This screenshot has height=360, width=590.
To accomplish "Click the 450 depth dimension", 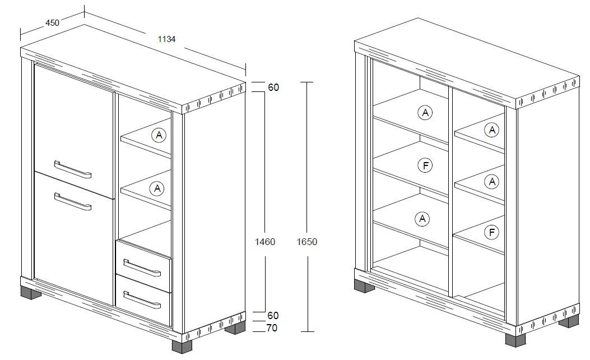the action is pos(52,23).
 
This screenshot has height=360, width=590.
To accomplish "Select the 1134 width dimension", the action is pos(166,39).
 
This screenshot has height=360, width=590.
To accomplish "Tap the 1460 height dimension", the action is pos(265,242).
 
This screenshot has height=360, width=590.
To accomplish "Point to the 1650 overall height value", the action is pos(306,242).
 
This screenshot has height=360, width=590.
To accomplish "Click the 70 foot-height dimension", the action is pos(272,328).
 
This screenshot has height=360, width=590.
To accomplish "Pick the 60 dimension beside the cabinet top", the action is pos(273,87).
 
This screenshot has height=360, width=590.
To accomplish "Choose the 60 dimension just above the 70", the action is pos(273,316).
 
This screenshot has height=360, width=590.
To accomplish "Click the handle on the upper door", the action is pos(73,169).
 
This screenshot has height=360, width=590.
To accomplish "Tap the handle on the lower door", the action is pos(73,201).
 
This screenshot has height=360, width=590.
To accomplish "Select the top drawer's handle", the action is pos(142,267).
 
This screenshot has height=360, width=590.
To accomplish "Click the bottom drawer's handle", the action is pos(142,300).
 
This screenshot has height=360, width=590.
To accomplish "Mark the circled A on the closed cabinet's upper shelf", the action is pos(159,135).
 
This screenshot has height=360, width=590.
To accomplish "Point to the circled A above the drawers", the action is pos(157,188).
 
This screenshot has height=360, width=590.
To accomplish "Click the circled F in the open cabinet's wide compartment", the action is pos(425,165).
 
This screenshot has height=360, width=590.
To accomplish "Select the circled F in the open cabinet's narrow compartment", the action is pos(492,232).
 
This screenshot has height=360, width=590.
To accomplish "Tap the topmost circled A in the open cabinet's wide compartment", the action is pos(425,113).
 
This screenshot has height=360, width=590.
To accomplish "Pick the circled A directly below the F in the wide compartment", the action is pos(422,219).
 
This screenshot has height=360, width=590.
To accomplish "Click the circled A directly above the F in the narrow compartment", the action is pos(492,182).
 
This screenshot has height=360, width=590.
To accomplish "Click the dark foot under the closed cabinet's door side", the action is pos(31,293).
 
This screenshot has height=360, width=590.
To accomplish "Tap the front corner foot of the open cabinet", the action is pos(515,340).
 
